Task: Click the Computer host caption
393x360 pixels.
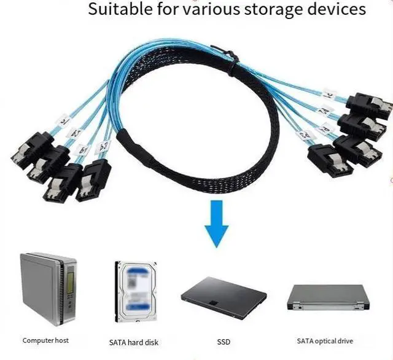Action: coord(45,340)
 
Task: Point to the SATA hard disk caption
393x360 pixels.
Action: coord(133,342)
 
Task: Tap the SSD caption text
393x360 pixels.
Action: coord(224,341)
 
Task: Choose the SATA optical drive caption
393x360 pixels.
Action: coord(325,341)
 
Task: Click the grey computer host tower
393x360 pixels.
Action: coord(49,289)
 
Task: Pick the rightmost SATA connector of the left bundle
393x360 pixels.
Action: coord(93,179)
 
